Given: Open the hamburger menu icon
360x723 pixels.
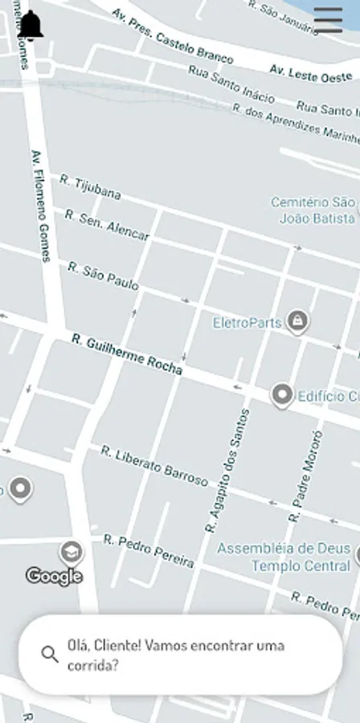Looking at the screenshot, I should [x=328, y=19].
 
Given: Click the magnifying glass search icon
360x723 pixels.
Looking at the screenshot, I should [x=50, y=654].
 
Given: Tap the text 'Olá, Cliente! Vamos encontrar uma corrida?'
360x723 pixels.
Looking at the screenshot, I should [x=176, y=655].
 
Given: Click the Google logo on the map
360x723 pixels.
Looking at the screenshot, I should [x=54, y=575].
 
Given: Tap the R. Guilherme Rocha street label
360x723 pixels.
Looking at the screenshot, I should [x=127, y=355].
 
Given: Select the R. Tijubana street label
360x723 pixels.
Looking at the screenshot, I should [x=90, y=186].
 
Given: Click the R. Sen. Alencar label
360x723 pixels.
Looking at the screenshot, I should [x=107, y=225].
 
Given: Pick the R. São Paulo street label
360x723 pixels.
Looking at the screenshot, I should [x=103, y=276].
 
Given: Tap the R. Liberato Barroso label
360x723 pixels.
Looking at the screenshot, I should [x=154, y=465].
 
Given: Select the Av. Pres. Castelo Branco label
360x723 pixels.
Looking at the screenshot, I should [x=173, y=37].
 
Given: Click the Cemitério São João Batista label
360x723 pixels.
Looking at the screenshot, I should [x=313, y=210].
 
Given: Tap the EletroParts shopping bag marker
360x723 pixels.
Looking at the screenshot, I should [x=298, y=321].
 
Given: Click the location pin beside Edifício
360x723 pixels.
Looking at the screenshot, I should [x=281, y=395].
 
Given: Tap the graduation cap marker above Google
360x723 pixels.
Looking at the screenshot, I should [x=72, y=552].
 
